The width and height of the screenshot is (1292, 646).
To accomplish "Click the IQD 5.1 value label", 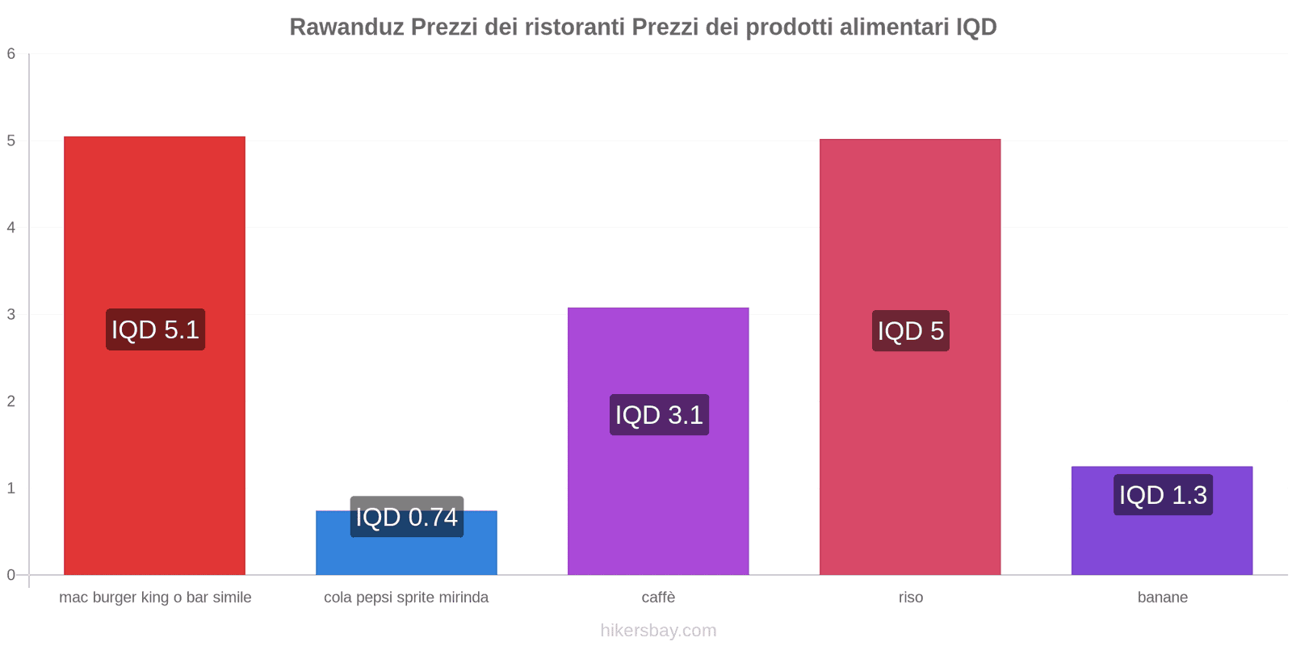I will coord(155,329).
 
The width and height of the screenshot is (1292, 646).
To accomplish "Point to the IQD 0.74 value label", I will coord(406,517).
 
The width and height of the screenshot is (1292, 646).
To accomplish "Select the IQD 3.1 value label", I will coord(659,415).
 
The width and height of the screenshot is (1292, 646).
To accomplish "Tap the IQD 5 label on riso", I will coord(910,331).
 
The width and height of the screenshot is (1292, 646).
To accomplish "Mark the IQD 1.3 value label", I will coord(1163,495).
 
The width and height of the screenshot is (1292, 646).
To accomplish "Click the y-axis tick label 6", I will coord(11,54).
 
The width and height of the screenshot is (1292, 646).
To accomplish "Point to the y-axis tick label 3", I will coord(11,314).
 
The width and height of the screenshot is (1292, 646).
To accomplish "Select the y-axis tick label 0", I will coord(11,575).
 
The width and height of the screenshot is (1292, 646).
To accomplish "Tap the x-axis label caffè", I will coord(658,598).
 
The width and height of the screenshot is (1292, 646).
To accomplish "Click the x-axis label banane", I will coord(1162,598).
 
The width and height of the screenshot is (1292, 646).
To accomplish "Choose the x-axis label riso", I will coord(910,598).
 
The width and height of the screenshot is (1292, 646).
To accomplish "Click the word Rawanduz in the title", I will coord(346,27).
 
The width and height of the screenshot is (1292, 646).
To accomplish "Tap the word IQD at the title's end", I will coord(976,27).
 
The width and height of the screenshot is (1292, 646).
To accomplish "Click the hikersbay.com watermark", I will coord(658,631).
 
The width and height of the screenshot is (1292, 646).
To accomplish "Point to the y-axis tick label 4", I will coord(11,228).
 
